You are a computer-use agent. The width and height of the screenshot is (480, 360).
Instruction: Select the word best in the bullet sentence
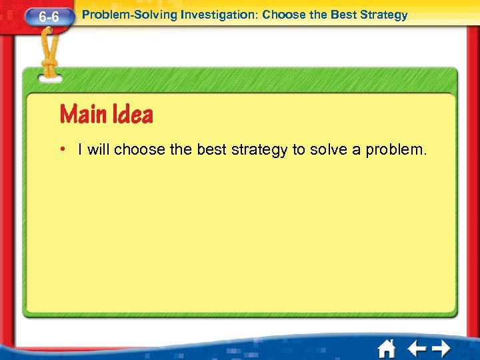tap(212, 149)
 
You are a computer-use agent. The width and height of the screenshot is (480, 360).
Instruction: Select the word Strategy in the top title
tap(384, 15)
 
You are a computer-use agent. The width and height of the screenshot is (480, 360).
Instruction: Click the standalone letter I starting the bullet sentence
tap(80, 149)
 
